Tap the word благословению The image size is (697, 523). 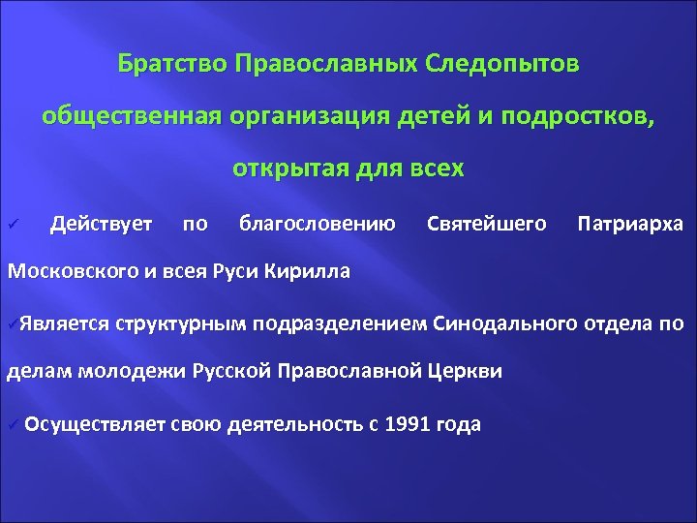[317, 225]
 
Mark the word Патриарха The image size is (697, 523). [629, 225]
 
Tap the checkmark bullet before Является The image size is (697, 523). [12, 323]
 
